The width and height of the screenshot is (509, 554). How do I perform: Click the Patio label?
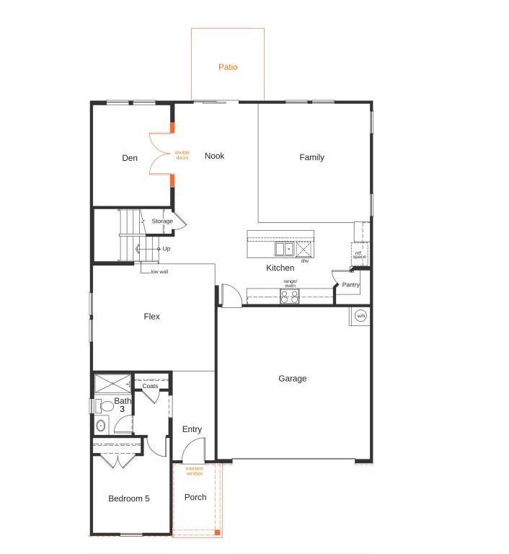tap(228, 67)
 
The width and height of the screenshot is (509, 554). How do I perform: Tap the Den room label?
tap(130, 158)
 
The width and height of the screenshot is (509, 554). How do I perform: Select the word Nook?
tap(214, 156)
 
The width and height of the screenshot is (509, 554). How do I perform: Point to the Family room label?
tap(311, 157)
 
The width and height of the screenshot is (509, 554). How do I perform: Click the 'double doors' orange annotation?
tap(182, 155)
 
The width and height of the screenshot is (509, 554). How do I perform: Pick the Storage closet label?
tap(162, 221)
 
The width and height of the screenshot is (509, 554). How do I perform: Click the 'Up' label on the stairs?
tap(167, 249)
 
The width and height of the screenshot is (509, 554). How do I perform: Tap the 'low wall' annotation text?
tap(159, 272)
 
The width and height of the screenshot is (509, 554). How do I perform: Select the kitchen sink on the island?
tap(284, 249)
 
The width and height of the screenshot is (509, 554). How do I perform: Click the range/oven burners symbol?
tap(290, 296)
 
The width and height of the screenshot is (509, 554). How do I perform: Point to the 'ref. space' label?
tap(359, 255)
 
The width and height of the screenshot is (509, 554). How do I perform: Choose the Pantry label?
tap(351, 284)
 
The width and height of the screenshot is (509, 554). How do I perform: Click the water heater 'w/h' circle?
tap(360, 315)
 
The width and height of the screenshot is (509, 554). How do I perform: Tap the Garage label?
tap(293, 379)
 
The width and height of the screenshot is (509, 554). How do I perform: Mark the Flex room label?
tap(151, 316)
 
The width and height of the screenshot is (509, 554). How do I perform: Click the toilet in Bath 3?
tap(104, 406)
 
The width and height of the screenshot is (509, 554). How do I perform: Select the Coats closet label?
tap(150, 386)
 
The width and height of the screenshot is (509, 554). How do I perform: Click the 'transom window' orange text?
tap(194, 471)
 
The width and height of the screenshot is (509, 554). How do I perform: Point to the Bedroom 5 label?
tap(129, 498)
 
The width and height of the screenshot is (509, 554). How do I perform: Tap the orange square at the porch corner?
tap(218, 532)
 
